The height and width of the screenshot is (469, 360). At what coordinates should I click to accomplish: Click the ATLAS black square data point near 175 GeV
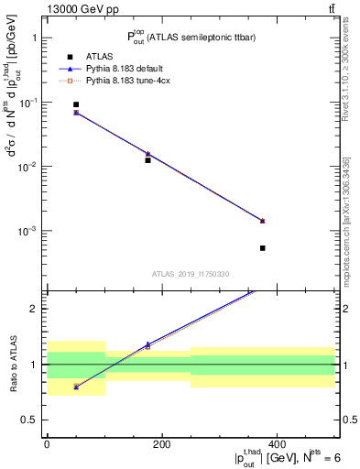(147, 160)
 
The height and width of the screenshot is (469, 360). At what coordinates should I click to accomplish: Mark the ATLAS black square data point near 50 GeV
(76, 104)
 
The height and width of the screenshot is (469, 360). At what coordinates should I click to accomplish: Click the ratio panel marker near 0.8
(76, 387)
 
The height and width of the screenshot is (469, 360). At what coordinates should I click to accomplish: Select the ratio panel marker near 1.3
(147, 345)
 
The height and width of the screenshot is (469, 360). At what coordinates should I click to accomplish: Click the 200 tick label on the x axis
(161, 444)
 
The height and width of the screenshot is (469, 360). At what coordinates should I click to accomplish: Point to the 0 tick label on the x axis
(47, 444)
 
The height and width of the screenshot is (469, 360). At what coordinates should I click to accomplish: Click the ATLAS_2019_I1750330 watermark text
(191, 274)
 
